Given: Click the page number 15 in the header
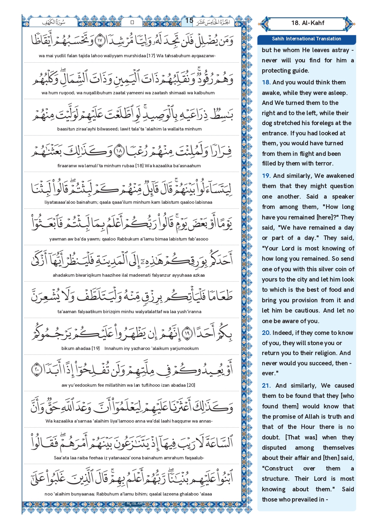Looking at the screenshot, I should (189, 20).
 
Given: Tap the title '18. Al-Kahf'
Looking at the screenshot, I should (307, 23).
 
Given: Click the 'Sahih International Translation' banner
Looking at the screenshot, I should (306, 39).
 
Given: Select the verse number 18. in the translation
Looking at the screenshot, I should (266, 83).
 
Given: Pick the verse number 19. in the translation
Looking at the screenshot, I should (266, 176).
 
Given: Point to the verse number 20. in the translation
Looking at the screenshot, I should (266, 333).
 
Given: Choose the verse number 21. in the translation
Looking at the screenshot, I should (266, 386).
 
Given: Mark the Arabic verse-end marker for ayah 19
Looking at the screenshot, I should (187, 333).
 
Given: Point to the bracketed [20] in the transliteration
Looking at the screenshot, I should (191, 385).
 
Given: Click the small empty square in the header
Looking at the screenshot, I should (132, 22).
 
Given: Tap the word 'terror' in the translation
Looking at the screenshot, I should (324, 164).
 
